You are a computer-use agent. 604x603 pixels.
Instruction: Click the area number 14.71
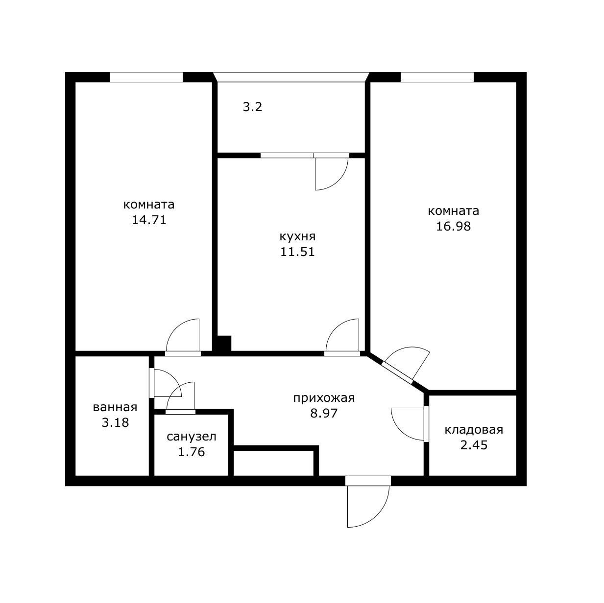point(148,220)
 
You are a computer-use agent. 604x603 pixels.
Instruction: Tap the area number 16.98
point(453,226)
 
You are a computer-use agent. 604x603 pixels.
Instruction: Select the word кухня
point(297,237)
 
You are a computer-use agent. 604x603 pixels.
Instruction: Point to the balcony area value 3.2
point(252,107)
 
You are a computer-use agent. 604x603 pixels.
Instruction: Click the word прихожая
point(324,398)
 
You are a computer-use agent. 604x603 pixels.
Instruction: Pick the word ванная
point(115,407)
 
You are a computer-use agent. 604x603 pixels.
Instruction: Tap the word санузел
point(192,437)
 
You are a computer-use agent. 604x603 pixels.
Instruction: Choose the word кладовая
point(474,430)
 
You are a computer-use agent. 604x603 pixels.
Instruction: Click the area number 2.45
point(474,445)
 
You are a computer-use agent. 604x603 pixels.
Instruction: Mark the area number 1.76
point(192,452)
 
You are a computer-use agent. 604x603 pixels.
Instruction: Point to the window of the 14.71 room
point(146,77)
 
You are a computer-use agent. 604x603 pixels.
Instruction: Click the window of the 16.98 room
point(437,77)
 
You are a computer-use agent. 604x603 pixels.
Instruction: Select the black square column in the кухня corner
point(224,344)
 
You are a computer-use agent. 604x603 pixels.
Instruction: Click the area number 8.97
point(324,414)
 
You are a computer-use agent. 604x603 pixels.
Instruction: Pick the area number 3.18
point(115,422)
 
